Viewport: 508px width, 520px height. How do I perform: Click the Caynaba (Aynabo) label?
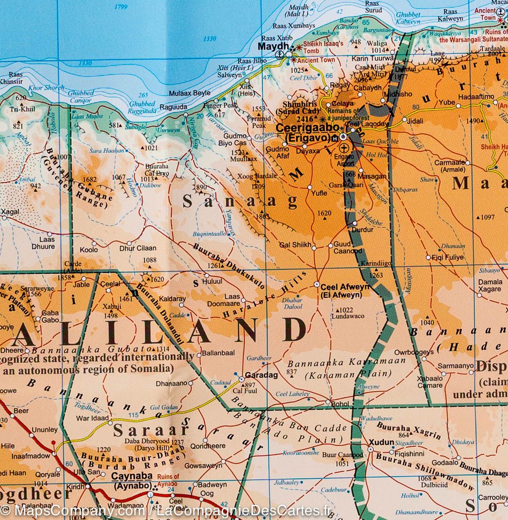point(132,480)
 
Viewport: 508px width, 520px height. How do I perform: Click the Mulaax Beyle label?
point(190,93)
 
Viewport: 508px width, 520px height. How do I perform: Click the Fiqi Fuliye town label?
point(448,257)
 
